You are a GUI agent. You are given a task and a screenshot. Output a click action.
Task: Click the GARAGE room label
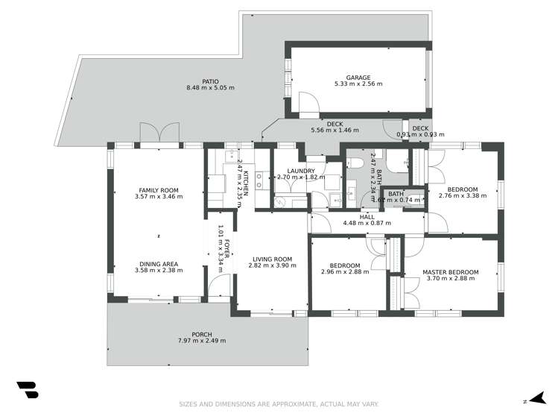pyautogui.click(x=358, y=77)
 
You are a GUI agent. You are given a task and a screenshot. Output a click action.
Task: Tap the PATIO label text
pyautogui.click(x=210, y=81)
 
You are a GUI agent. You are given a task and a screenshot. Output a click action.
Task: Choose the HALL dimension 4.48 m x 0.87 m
pyautogui.click(x=367, y=223)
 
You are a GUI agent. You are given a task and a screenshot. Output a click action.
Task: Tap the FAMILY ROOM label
pyautogui.click(x=159, y=190)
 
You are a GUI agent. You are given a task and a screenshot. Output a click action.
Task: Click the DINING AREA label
pyautogui.click(x=159, y=263)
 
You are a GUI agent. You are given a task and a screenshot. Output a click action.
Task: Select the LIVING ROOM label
pyautogui.click(x=271, y=259)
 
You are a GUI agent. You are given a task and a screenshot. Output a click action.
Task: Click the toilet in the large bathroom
pyautogui.click(x=356, y=163)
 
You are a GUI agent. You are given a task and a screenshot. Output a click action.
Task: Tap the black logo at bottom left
pyautogui.click(x=27, y=391)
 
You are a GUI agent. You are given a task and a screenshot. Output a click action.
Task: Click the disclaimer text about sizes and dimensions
pyautogui.click(x=279, y=405)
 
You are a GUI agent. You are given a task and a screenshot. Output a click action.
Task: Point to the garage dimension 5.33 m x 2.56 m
pyautogui.click(x=358, y=84)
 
